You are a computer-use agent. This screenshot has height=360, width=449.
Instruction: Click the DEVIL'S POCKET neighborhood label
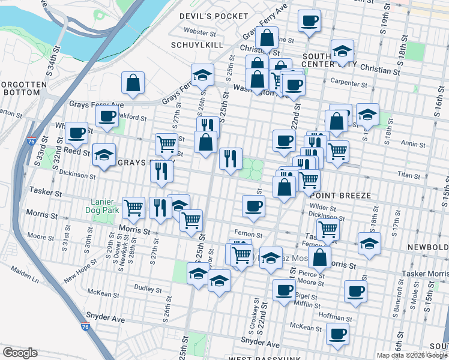point(214,16)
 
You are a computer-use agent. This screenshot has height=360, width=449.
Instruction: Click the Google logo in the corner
point(20,353)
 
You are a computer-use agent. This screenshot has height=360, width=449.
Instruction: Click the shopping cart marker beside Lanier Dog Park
point(134,208)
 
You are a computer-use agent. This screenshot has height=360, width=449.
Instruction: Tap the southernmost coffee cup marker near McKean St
point(337,334)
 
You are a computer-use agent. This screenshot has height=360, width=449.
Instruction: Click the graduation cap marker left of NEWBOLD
point(369,243)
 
